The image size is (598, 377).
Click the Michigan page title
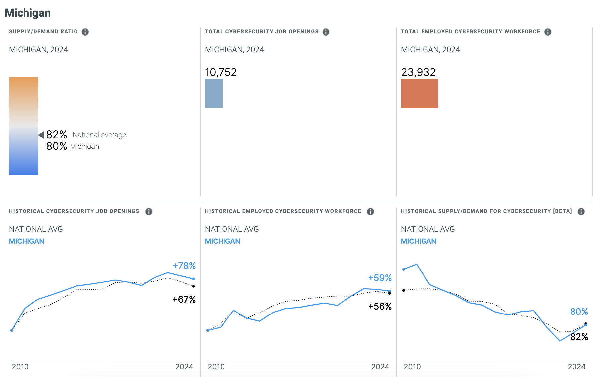point(28,13)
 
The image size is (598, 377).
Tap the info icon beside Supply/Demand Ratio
point(85,32)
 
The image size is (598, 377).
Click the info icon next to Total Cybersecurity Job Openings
point(326,32)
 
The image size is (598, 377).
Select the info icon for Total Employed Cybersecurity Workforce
point(548,32)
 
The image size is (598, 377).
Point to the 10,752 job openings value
point(221,72)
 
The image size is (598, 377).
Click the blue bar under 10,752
point(214,93)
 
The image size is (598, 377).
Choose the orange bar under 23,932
point(419,93)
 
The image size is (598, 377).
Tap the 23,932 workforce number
point(418,72)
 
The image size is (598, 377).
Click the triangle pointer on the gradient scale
point(42,135)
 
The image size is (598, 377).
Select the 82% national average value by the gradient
point(57,135)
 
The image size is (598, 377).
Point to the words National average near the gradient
point(99,135)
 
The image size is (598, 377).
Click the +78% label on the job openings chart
point(184,266)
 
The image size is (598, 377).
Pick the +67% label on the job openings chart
point(184,300)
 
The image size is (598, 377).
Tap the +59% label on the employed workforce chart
point(380,278)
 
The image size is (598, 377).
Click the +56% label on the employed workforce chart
point(380,307)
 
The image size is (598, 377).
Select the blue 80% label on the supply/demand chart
point(579,312)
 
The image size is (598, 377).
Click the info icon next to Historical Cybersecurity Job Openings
point(149,212)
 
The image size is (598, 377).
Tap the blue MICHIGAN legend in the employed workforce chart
point(223,241)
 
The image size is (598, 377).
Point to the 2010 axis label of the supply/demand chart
point(412,367)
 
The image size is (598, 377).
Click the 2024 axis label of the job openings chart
point(184,367)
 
